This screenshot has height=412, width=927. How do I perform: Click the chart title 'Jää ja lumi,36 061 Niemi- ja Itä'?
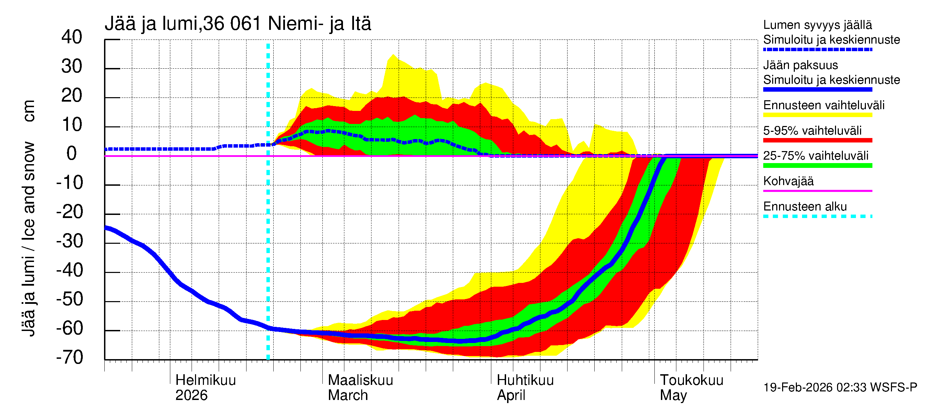point(238,24)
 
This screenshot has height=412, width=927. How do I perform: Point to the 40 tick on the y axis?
point(72,37)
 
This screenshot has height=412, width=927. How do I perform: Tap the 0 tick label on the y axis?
point(72,154)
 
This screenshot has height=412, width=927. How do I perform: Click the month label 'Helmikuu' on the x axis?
point(205,380)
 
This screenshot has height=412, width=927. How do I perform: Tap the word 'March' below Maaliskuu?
point(347,396)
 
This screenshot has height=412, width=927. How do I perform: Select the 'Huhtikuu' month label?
point(525,380)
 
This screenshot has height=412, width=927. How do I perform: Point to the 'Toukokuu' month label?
point(691,380)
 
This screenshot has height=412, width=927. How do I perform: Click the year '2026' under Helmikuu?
point(191,396)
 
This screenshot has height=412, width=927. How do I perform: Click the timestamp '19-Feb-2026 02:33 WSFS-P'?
point(840,387)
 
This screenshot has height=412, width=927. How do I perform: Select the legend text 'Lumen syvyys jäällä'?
point(817,25)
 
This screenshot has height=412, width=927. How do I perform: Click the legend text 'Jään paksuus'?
point(800,65)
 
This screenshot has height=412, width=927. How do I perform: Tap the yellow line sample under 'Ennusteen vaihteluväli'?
point(817,115)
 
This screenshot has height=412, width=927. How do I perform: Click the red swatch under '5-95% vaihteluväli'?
point(817,140)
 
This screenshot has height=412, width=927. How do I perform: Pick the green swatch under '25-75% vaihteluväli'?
point(817,165)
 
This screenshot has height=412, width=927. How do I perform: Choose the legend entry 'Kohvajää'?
point(788,181)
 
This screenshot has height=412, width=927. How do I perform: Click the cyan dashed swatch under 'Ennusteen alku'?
point(817,216)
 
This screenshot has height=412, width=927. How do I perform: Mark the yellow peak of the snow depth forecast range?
point(393,55)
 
